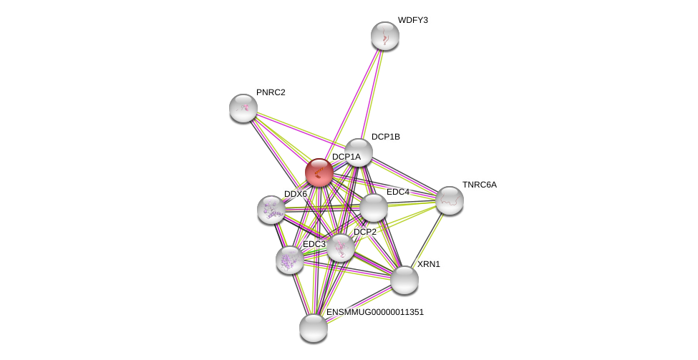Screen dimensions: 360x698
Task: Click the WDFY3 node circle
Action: (x=385, y=36)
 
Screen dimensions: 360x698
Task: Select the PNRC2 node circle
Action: (x=243, y=108)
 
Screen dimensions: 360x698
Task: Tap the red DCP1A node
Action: (x=319, y=172)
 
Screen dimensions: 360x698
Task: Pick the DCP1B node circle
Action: (x=359, y=152)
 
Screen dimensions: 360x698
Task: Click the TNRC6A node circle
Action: (x=450, y=200)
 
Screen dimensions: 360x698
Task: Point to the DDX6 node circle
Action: (x=271, y=210)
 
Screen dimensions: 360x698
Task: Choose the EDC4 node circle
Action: (x=374, y=208)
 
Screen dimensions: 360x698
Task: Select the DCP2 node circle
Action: (x=341, y=248)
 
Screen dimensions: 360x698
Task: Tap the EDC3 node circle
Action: (x=290, y=260)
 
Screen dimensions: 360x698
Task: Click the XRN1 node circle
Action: (x=404, y=280)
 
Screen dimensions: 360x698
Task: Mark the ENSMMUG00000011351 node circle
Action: (x=314, y=328)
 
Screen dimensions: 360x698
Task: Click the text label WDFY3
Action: (x=412, y=20)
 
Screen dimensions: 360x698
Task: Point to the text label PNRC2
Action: (x=271, y=92)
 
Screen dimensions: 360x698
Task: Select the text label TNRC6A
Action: (x=479, y=185)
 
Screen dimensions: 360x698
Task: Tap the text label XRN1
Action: (x=429, y=264)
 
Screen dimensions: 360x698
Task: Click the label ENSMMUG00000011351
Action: (x=375, y=312)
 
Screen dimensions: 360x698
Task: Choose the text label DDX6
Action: (x=296, y=194)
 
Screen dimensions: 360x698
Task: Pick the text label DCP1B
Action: (x=385, y=137)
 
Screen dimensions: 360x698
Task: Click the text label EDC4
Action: (x=398, y=192)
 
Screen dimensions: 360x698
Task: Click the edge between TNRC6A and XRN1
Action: (x=427, y=240)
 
